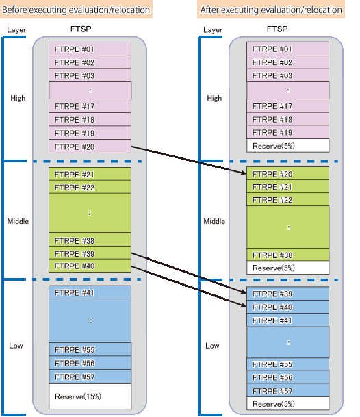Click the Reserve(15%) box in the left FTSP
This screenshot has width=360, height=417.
click(x=90, y=396)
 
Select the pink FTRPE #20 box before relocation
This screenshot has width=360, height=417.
click(x=90, y=147)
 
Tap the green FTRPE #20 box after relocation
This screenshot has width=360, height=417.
click(x=287, y=174)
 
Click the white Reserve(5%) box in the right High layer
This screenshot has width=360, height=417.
click(x=287, y=146)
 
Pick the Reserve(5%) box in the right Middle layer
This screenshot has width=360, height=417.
click(x=287, y=268)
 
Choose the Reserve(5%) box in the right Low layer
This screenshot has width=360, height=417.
click(x=287, y=404)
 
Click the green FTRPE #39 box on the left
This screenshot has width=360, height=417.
click(x=90, y=253)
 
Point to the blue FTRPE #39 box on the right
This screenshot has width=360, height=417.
click(x=287, y=294)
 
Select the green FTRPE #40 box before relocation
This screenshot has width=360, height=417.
click(x=90, y=266)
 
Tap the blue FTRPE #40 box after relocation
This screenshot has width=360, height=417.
click(x=287, y=307)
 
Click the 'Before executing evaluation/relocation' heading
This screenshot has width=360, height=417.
click(x=76, y=10)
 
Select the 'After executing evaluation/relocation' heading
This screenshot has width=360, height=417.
click(x=271, y=10)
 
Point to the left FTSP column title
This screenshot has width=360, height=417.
click(x=81, y=29)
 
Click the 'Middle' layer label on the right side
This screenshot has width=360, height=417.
click(x=214, y=221)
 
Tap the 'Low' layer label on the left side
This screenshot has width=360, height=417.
click(x=16, y=346)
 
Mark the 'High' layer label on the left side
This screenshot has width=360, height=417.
click(x=18, y=98)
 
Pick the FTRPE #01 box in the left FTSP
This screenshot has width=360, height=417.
click(x=90, y=49)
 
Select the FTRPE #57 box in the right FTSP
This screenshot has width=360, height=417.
click(x=287, y=391)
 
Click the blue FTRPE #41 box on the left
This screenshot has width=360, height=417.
click(x=90, y=292)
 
